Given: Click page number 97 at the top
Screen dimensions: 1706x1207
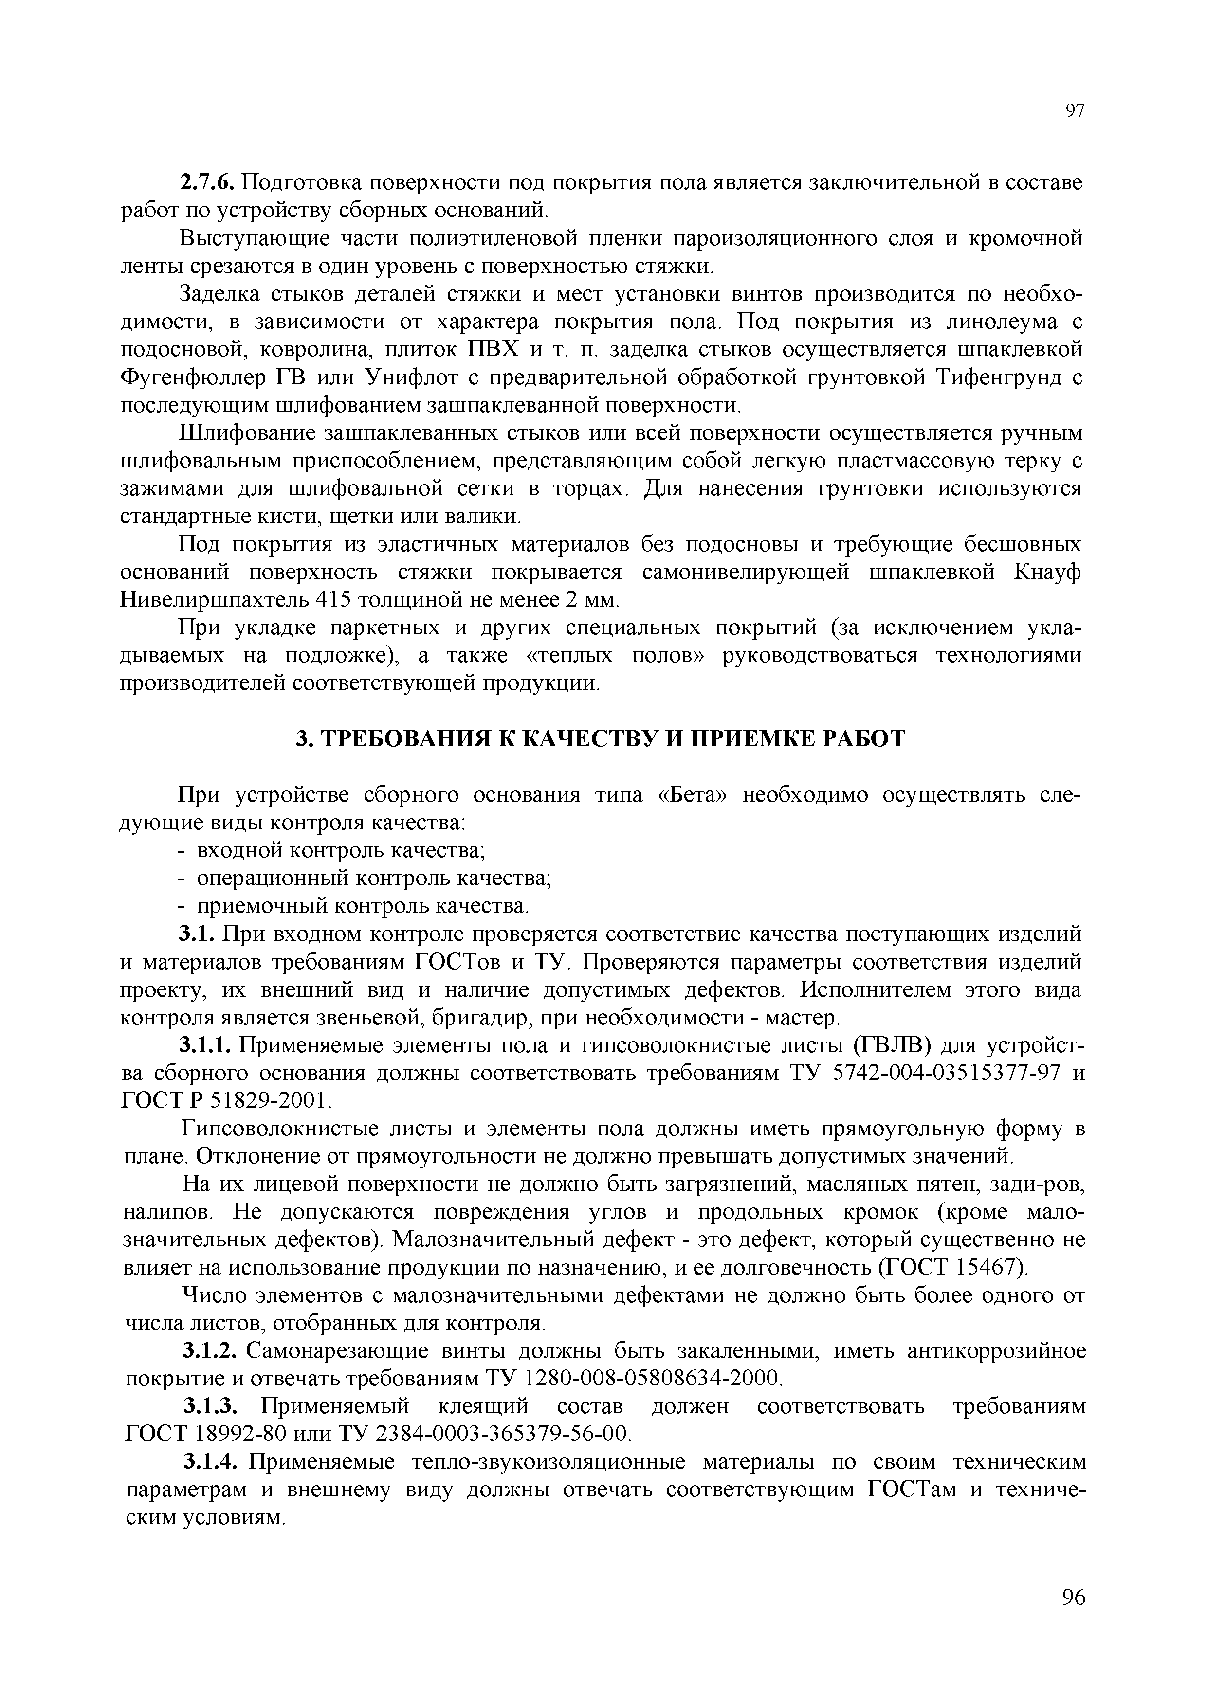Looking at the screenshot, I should pos(1075,111).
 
